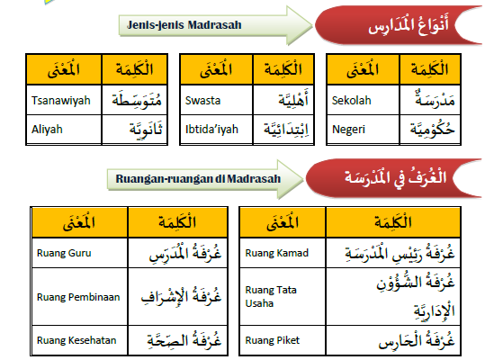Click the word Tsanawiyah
click(x=61, y=101)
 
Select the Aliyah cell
click(x=64, y=130)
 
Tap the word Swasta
click(x=202, y=101)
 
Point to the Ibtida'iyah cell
click(x=217, y=130)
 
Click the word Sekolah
click(x=351, y=101)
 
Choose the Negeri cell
click(x=364, y=130)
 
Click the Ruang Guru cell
click(x=80, y=253)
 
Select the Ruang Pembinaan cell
click(x=80, y=297)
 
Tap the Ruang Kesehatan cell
click(x=80, y=340)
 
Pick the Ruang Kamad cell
click(x=283, y=253)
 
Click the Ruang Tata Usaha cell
click(x=283, y=297)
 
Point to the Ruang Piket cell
click(x=283, y=340)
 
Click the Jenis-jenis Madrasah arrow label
click(x=184, y=25)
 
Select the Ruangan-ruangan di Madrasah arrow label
click(x=198, y=179)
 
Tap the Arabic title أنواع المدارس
click(x=409, y=24)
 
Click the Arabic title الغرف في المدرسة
click(x=395, y=178)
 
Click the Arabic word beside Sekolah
click(x=435, y=100)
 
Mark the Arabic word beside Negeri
click(x=432, y=130)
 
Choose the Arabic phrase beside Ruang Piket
click(x=417, y=340)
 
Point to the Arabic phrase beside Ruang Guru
click(x=185, y=254)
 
